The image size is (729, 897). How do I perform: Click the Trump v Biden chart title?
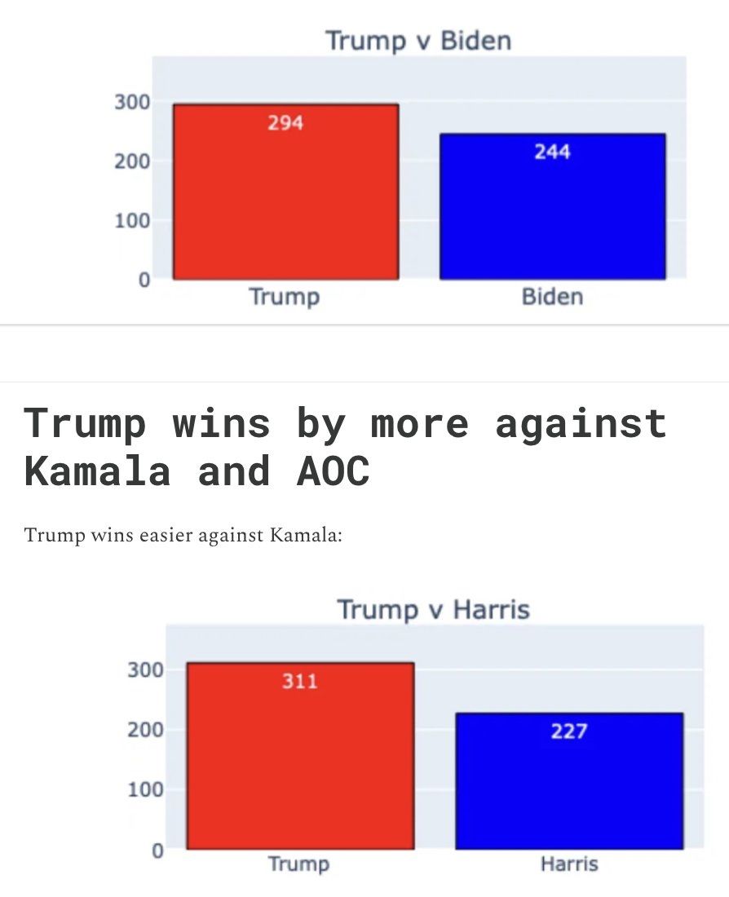coord(418,40)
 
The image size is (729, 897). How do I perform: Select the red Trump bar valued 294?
coord(285,204)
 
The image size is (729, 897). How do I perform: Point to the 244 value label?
coord(552,152)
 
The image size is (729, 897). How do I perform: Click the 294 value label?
coord(285,122)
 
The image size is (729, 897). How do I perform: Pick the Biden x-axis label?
coord(552,296)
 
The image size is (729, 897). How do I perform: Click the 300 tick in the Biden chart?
coord(131,102)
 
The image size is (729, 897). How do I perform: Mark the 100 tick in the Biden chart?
coord(131,220)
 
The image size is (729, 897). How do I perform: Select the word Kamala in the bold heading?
coord(97,471)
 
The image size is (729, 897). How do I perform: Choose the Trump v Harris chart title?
coord(433,609)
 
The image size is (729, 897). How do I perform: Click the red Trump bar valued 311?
coord(299,767)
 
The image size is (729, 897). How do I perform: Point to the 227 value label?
coord(568,731)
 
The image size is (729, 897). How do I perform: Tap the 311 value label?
coord(299,681)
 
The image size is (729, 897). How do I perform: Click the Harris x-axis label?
coord(568,864)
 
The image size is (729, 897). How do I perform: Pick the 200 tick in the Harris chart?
coord(145,730)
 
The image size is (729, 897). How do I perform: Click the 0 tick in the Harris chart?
coord(157,851)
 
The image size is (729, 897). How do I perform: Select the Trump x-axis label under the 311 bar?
coord(299,864)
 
